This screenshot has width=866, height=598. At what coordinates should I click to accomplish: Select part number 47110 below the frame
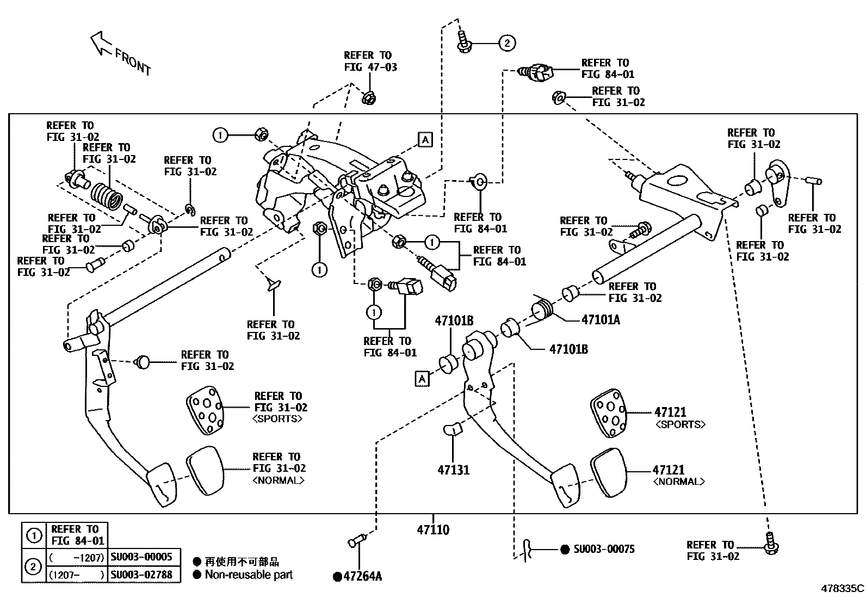pos(433,529)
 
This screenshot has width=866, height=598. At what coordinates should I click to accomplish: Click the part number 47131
pos(453,470)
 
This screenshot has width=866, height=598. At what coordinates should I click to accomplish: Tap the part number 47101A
pos(601,320)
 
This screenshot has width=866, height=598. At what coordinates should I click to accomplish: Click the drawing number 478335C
pos(842,588)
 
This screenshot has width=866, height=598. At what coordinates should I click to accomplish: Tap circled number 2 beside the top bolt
pos(506,43)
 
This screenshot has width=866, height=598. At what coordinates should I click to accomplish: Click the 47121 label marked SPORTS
pos(671,412)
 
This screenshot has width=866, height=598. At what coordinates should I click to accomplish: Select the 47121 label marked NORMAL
pos(669,470)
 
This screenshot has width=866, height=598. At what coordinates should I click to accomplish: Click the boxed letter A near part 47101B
pos(422,379)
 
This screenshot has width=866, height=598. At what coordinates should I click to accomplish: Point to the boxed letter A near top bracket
pos(425,140)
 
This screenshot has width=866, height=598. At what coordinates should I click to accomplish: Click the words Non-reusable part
pos(249,575)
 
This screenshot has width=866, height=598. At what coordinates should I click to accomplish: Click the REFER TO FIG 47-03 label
pos(370,61)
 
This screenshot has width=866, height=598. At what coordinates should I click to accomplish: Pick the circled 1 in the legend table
pos(34,536)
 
